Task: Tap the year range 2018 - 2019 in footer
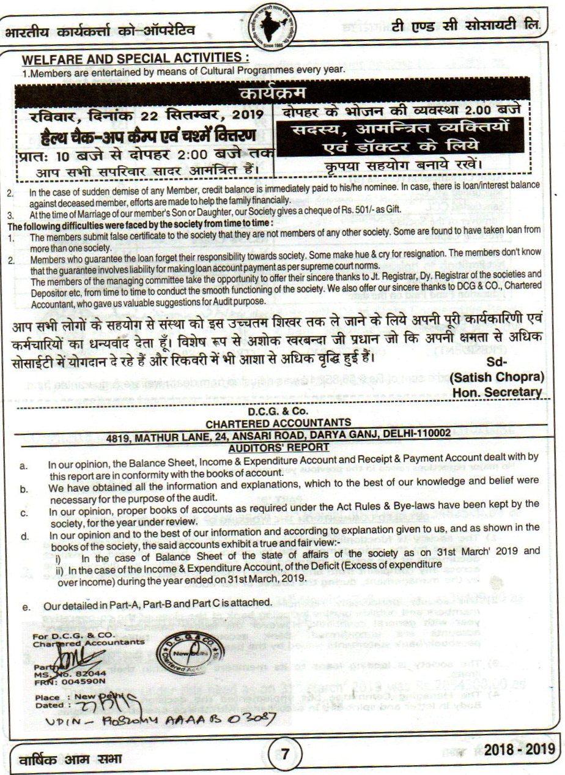coord(518,750)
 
